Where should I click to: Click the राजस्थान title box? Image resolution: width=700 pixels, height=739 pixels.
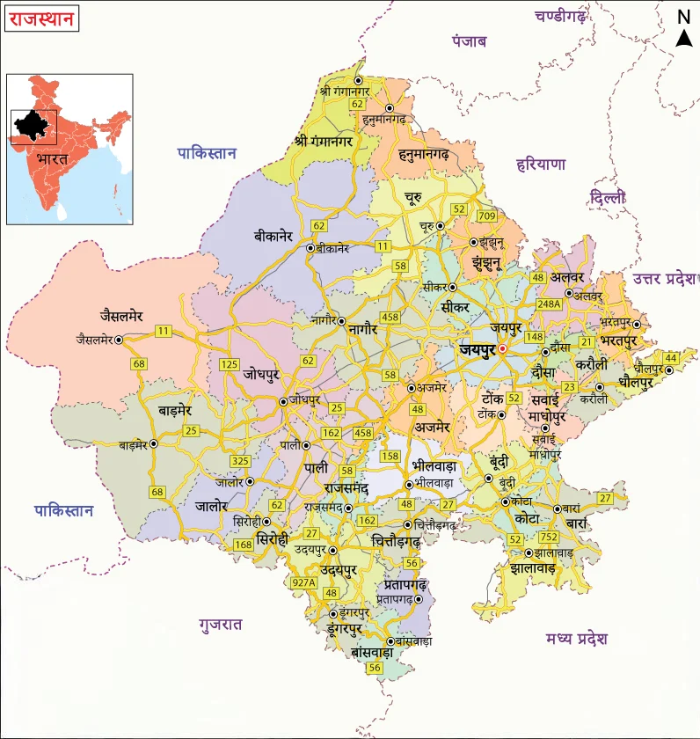pyautogui.click(x=41, y=18)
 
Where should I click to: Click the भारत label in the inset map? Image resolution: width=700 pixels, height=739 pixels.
pyautogui.click(x=53, y=160)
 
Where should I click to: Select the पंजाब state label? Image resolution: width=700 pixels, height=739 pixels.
pyautogui.click(x=470, y=41)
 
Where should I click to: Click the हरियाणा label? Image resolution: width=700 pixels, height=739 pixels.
pyautogui.click(x=542, y=164)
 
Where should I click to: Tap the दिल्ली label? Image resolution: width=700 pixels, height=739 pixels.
pyautogui.click(x=609, y=198)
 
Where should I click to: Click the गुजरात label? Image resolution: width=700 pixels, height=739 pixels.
pyautogui.click(x=221, y=624)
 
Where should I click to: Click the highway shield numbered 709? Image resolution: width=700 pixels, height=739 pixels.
pyautogui.click(x=486, y=216)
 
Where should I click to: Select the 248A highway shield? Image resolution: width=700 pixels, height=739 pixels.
pyautogui.click(x=549, y=304)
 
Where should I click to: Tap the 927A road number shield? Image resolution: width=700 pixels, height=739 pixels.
pyautogui.click(x=304, y=582)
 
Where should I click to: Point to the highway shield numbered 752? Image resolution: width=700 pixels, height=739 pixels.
pyautogui.click(x=549, y=537)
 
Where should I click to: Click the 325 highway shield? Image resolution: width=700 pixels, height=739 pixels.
pyautogui.click(x=239, y=461)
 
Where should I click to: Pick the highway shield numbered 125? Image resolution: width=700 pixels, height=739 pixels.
pyautogui.click(x=230, y=364)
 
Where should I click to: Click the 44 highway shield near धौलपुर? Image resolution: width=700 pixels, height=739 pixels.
pyautogui.click(x=672, y=357)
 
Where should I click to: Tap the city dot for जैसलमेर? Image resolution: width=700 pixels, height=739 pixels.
pyautogui.click(x=119, y=339)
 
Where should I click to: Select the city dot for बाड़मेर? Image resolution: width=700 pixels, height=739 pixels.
pyautogui.click(x=154, y=444)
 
